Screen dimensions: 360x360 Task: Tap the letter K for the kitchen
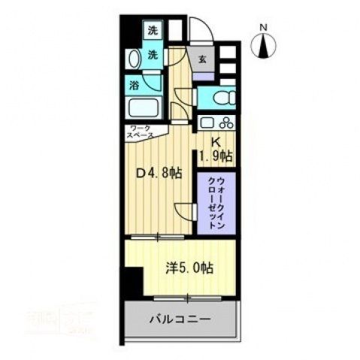coord(213,141)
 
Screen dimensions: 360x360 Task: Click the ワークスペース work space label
coord(141,132)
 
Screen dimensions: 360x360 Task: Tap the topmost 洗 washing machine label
coord(153,32)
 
